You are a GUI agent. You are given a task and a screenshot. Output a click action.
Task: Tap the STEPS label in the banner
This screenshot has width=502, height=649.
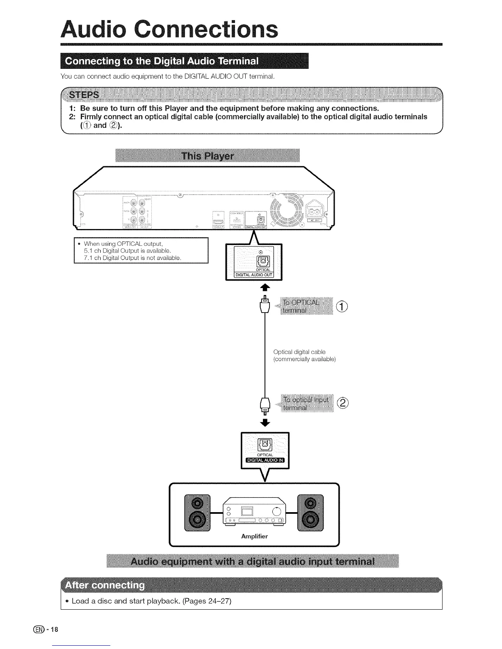(84, 95)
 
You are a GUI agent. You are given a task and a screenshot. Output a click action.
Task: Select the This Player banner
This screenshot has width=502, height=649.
(208, 156)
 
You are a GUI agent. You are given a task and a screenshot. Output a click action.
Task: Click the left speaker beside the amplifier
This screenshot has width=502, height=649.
(197, 513)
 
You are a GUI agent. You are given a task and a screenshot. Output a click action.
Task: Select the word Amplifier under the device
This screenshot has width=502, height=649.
(254, 536)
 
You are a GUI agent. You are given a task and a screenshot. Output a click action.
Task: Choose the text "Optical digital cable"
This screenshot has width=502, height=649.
(299, 352)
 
